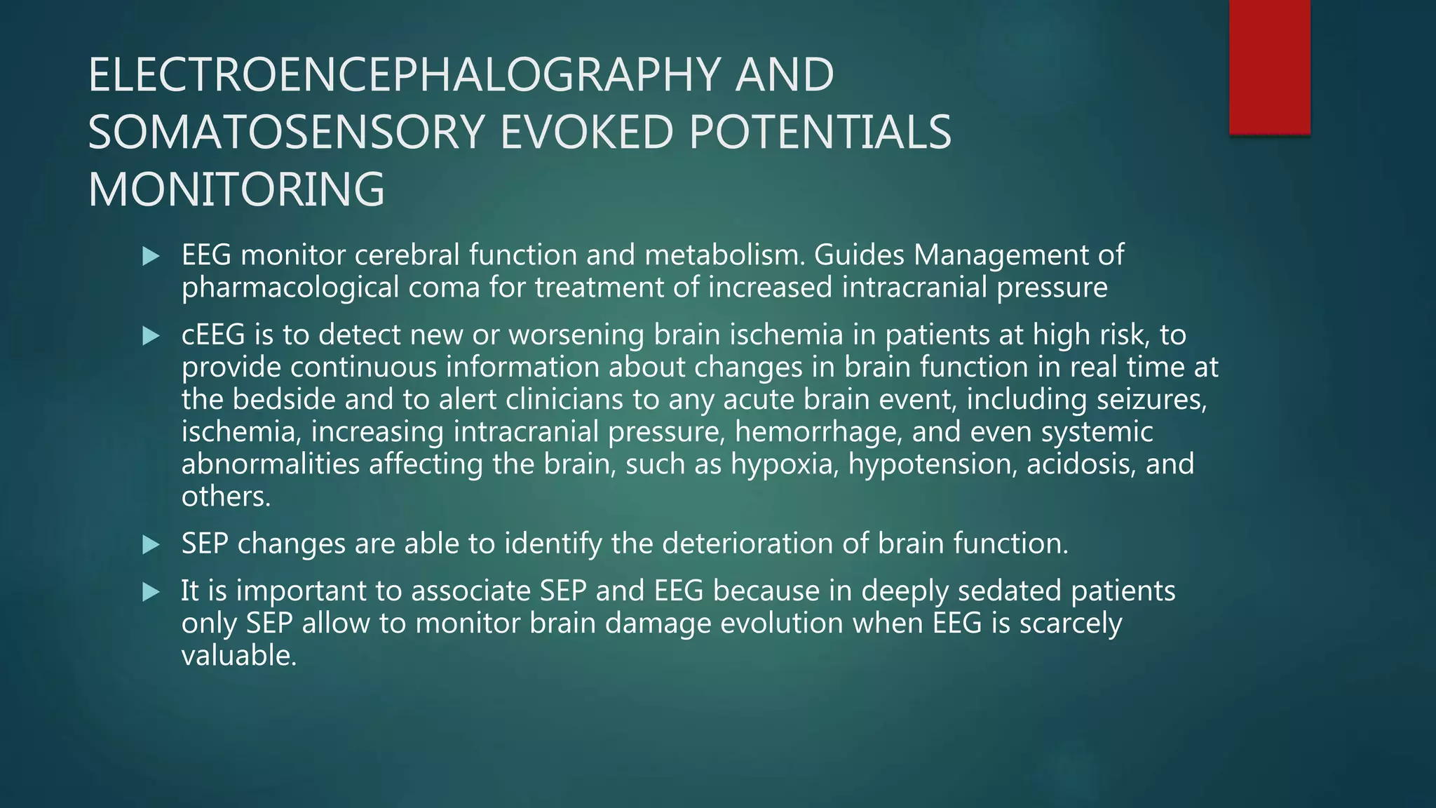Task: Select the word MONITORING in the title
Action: (236, 189)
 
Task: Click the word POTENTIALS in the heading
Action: (820, 133)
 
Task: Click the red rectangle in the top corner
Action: (1269, 67)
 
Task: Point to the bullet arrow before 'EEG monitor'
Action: (151, 256)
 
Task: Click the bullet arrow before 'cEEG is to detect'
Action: (151, 336)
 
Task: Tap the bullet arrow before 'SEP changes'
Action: (151, 545)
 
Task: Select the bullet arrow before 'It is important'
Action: (151, 592)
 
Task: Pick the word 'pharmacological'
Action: (290, 288)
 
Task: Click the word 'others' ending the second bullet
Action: (224, 497)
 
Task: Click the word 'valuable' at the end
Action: (238, 656)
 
